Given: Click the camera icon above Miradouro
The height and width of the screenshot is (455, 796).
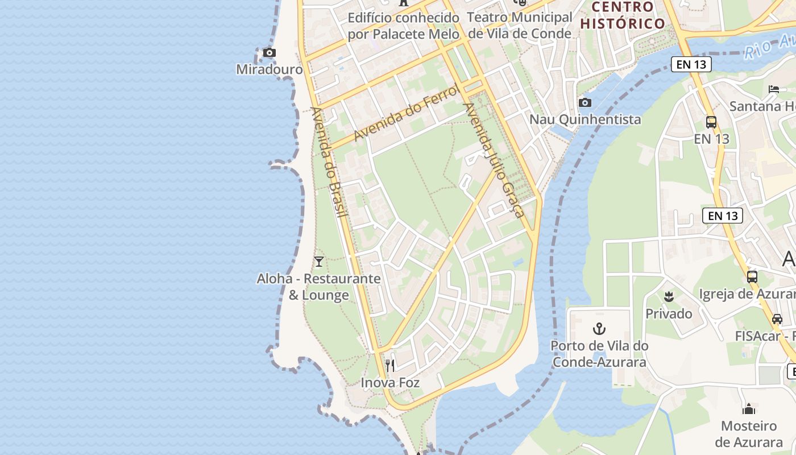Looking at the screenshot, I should (x=270, y=53).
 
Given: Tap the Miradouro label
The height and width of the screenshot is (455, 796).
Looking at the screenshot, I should (x=270, y=69).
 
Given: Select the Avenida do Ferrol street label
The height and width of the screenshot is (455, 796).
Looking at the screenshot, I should (x=406, y=113).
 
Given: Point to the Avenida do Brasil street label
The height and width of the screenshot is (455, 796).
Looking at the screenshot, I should (x=329, y=162).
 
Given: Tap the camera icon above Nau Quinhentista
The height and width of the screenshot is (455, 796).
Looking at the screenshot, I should (x=584, y=103).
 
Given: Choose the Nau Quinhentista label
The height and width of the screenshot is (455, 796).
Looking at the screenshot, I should (x=585, y=119).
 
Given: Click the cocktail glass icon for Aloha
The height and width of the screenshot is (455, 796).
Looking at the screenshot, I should (x=319, y=262).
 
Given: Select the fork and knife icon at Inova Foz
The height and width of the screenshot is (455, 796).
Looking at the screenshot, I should (x=390, y=365).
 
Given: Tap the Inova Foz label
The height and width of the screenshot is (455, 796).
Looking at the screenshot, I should (x=390, y=383).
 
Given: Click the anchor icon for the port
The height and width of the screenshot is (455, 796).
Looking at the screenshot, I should (x=599, y=329).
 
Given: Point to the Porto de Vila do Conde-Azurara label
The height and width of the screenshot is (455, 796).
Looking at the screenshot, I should (x=599, y=354).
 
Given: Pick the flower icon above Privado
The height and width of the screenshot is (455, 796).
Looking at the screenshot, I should (x=669, y=296).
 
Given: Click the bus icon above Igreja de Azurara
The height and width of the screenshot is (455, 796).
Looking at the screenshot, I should (x=752, y=277).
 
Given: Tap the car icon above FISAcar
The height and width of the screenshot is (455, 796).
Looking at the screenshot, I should (x=777, y=319).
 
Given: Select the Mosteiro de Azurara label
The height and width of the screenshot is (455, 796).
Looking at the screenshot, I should (x=749, y=434).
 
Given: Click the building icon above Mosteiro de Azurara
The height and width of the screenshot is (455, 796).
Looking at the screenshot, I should (x=749, y=409).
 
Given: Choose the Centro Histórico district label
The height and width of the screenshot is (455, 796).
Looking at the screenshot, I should (x=623, y=15).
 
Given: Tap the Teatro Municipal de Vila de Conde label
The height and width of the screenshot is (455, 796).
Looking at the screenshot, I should (x=520, y=26).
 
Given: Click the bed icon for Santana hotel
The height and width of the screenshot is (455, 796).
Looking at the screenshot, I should (x=774, y=89).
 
